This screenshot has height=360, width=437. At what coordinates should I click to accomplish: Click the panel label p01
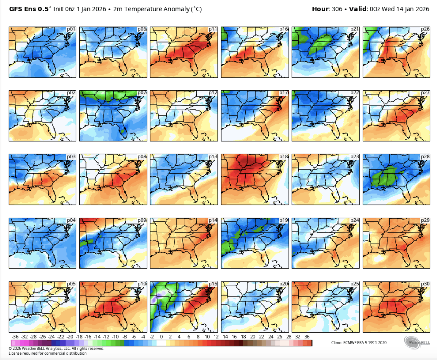[72, 29]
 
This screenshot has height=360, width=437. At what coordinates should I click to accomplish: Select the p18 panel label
[284, 157]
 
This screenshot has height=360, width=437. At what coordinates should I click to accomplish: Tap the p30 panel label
[425, 285]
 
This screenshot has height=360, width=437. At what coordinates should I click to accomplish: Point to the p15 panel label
[213, 285]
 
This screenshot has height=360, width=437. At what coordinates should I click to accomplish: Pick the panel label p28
[425, 157]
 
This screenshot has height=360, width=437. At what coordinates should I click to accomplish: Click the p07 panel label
[142, 93]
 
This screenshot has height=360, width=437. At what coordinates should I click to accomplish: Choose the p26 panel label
[425, 29]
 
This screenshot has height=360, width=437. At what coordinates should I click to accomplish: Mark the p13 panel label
[213, 157]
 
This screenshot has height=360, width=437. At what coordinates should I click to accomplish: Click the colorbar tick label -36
[15, 336]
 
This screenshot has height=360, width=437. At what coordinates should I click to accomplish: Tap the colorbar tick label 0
[161, 336]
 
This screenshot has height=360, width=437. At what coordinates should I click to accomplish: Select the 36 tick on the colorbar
[307, 336]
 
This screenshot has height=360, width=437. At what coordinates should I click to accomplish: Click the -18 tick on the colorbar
[79, 336]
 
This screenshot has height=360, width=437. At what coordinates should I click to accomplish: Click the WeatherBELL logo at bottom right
[417, 342]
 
